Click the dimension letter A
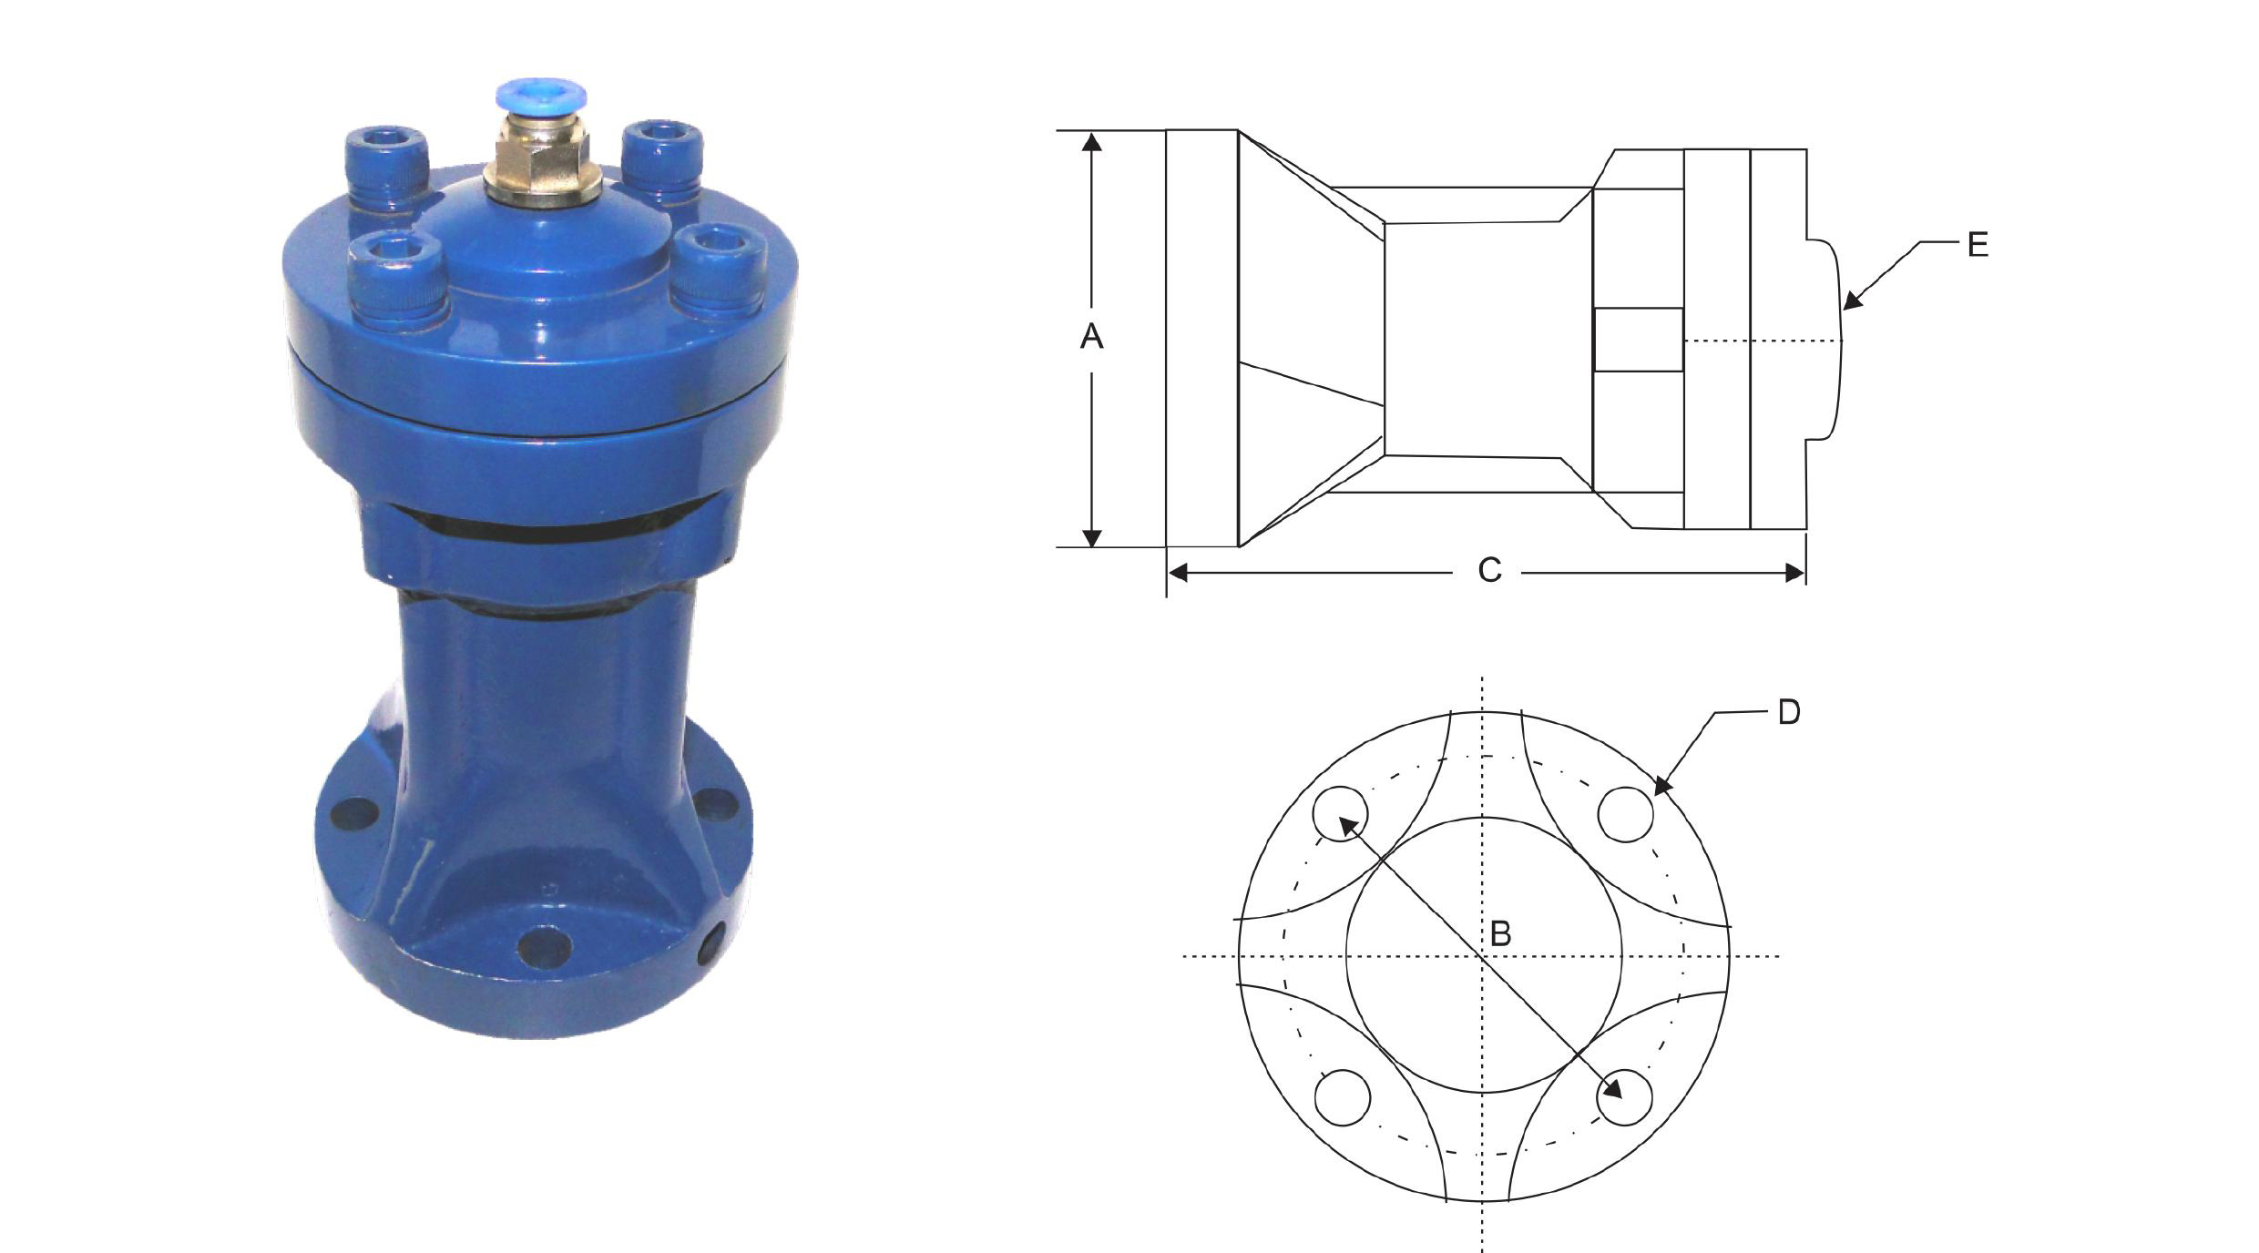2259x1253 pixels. (x=1091, y=337)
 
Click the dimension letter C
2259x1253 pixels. (x=1489, y=571)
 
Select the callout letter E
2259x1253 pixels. (x=1978, y=245)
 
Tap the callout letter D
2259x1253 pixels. (x=1789, y=712)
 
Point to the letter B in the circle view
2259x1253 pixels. (x=1500, y=933)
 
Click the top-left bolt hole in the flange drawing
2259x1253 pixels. (x=1340, y=813)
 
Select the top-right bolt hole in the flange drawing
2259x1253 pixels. (x=1626, y=813)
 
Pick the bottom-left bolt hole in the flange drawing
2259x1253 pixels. (x=1343, y=1097)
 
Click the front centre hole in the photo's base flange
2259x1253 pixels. (x=544, y=947)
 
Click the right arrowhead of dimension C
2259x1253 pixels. (x=1794, y=573)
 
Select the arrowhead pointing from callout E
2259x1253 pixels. (x=1852, y=301)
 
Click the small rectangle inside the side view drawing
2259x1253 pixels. (x=1638, y=340)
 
